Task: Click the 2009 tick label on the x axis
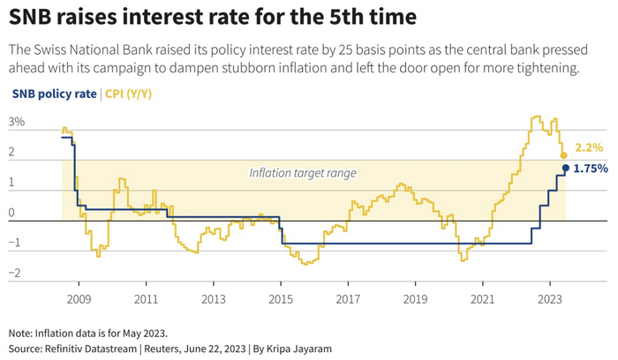click(79, 299)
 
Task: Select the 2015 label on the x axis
click(281, 299)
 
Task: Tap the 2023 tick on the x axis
click(550, 299)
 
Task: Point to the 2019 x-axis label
click(416, 299)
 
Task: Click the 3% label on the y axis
click(17, 123)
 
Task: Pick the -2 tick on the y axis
click(14, 274)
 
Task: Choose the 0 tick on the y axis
click(12, 214)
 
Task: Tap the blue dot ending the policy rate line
click(566, 168)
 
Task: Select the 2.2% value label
click(588, 147)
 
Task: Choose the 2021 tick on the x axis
click(483, 299)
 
